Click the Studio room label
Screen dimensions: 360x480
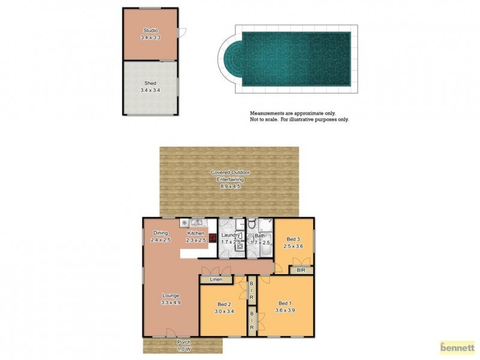(150, 30)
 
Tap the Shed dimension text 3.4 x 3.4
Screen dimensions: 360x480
(150, 90)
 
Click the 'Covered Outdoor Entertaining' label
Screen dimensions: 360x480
(230, 175)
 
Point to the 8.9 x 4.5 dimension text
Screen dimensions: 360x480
(230, 186)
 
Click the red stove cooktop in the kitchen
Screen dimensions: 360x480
(212, 236)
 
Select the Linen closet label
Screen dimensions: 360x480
(216, 280)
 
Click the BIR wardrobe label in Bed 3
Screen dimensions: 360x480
(301, 271)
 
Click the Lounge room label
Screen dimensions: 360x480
(170, 295)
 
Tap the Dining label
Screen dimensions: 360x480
(161, 233)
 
